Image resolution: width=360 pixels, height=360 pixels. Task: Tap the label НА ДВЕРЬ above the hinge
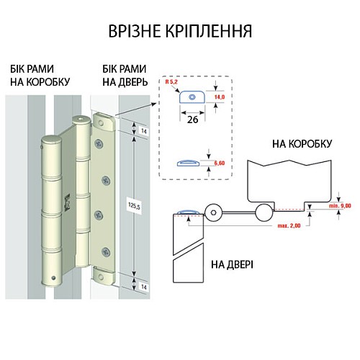click(x=118, y=82)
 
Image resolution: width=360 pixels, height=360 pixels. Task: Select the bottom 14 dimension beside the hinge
click(x=144, y=287)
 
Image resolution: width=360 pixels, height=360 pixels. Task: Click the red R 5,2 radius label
click(x=172, y=84)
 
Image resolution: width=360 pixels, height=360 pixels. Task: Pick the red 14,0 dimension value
click(x=220, y=96)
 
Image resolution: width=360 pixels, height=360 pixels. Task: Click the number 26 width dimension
click(x=194, y=120)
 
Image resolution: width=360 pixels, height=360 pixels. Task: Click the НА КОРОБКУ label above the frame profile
click(x=302, y=144)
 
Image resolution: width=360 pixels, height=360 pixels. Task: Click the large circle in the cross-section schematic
click(x=264, y=212)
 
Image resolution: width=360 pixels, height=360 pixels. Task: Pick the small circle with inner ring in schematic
click(x=214, y=212)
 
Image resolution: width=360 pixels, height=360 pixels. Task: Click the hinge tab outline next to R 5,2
click(x=193, y=97)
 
